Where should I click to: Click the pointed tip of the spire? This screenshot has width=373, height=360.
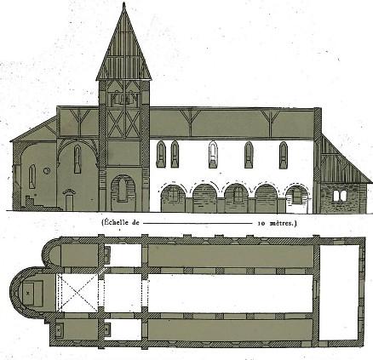(x=123, y=3)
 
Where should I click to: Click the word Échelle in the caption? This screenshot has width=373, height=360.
(x=117, y=223)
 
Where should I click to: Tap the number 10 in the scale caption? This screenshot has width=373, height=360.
(x=261, y=224)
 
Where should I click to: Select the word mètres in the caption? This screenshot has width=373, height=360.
(x=281, y=223)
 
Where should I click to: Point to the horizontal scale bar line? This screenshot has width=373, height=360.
(x=198, y=223)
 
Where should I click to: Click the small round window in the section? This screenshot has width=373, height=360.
(x=47, y=171)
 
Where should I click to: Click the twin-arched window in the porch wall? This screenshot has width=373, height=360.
(x=340, y=196)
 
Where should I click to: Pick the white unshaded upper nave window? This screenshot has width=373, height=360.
(x=213, y=155)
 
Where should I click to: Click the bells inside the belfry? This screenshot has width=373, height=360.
(x=123, y=100)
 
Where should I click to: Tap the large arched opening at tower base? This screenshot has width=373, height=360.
(x=123, y=191)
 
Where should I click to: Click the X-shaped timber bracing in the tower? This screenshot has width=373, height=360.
(x=123, y=123)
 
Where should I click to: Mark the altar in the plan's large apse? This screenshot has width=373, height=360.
(x=32, y=294)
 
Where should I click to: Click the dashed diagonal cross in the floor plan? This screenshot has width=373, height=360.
(x=77, y=293)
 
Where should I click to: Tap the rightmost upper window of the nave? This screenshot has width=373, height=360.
(x=284, y=155)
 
